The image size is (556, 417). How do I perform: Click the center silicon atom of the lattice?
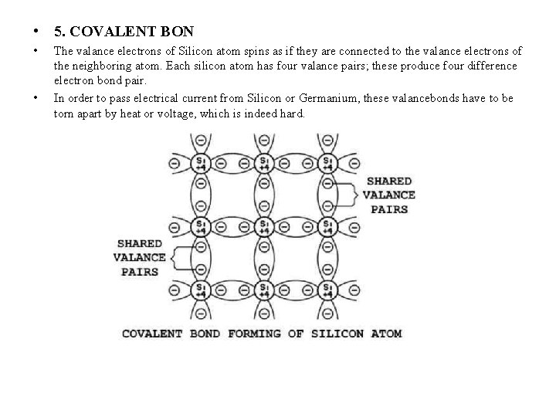tap(264, 228)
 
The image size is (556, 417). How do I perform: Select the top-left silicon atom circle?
tap(201, 163)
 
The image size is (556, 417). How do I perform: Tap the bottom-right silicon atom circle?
tap(327, 292)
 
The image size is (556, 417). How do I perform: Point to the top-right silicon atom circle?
tap(327, 163)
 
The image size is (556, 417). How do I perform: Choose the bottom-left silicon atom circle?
tap(201, 292)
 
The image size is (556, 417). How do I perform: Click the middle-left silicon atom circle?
tap(201, 228)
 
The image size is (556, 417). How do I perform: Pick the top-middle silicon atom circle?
tap(264, 163)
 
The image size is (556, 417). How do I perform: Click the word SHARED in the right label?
tap(389, 181)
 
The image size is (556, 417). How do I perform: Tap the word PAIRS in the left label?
tap(140, 271)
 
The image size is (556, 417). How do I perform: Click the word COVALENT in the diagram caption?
tap(151, 334)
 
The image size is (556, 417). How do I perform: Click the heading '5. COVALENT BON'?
tap(124, 32)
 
